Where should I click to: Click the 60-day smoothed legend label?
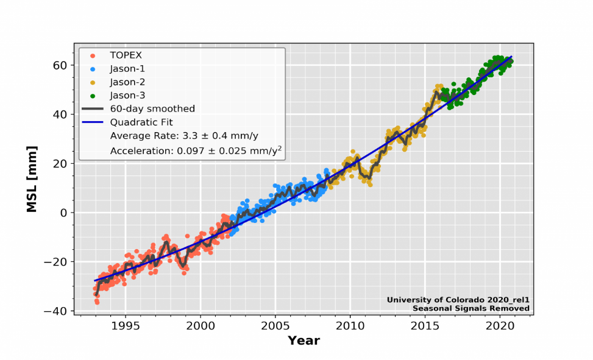click(x=152, y=109)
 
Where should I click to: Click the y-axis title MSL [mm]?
click(x=31, y=178)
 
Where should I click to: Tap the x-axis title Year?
click(x=304, y=340)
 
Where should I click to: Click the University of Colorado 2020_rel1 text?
click(x=458, y=300)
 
